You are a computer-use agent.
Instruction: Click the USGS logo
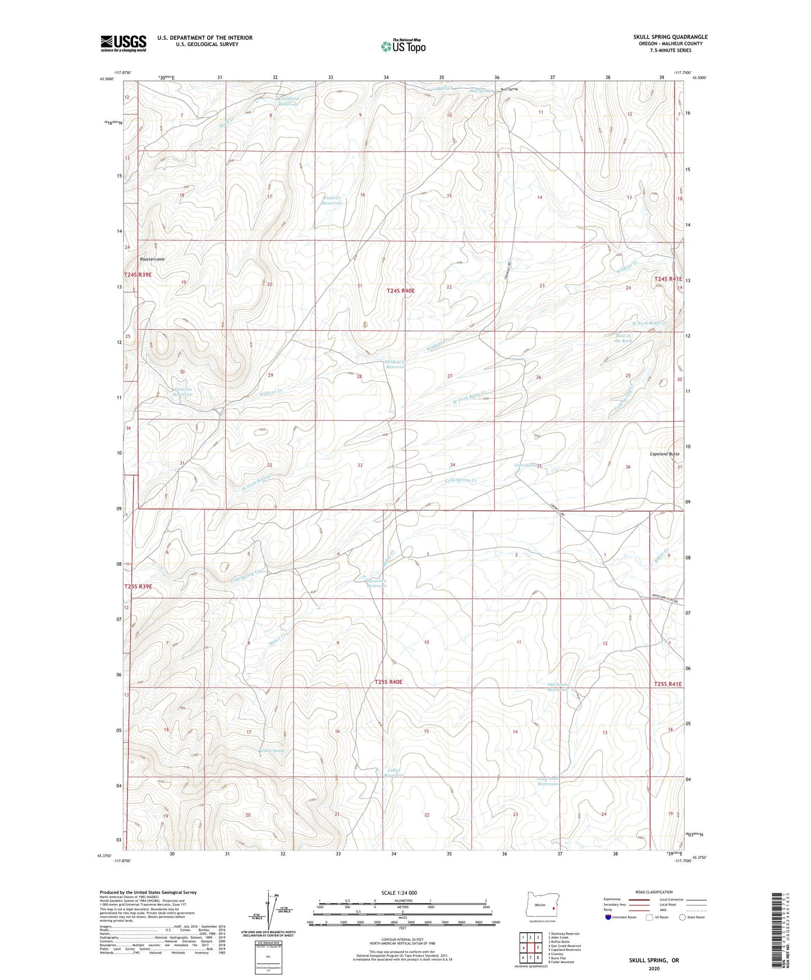click(x=123, y=43)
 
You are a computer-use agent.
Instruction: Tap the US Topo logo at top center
click(x=402, y=47)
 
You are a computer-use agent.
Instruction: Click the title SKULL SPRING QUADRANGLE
click(x=670, y=37)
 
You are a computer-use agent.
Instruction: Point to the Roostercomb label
click(x=153, y=259)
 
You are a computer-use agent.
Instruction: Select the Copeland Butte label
click(x=665, y=454)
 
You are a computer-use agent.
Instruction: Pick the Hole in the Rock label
click(x=623, y=338)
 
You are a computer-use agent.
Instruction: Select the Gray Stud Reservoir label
click(x=548, y=781)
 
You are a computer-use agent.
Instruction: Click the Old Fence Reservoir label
click(x=558, y=687)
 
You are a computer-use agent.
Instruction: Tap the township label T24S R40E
click(x=401, y=291)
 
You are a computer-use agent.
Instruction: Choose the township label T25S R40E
click(x=388, y=682)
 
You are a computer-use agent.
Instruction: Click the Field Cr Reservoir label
click(x=332, y=200)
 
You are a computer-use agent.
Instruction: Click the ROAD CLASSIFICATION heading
click(x=654, y=892)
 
